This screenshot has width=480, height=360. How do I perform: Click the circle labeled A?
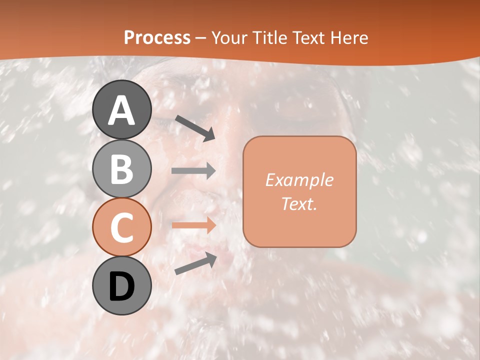tap(122, 109)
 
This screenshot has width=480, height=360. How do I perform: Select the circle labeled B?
tap(122, 168)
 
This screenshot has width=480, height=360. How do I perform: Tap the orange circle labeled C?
tap(122, 227)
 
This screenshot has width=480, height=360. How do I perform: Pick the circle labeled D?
tap(122, 285)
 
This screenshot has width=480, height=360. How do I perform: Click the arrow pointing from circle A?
tap(195, 128)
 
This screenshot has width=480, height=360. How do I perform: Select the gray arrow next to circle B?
tap(194, 170)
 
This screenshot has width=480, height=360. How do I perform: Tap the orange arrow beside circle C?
tap(194, 225)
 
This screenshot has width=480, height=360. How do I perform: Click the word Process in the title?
tap(157, 37)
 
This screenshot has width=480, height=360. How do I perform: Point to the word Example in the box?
tap(299, 180)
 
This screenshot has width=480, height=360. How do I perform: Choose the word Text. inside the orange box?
tap(299, 203)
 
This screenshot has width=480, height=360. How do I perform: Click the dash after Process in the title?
tap(201, 38)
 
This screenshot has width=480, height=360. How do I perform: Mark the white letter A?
tap(122, 110)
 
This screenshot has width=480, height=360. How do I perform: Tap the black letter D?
tap(122, 287)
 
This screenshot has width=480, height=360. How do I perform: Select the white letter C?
tap(122, 228)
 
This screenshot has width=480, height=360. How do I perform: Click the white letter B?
tap(122, 169)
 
